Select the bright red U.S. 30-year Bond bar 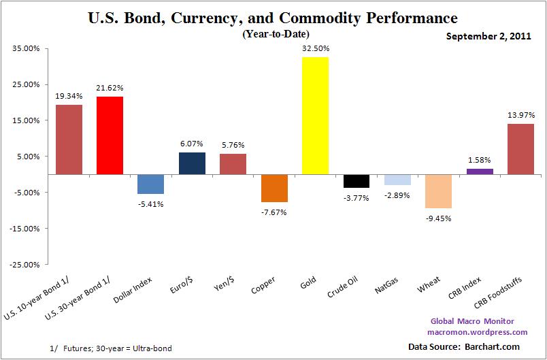click(x=110, y=135)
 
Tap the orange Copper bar click(x=274, y=188)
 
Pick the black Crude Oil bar click(x=356, y=181)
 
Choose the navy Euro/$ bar click(x=192, y=163)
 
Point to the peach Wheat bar click(x=438, y=191)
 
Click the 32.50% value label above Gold click(x=315, y=49)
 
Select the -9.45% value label click(x=439, y=218)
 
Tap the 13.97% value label click(x=520, y=115)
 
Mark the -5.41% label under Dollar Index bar click(x=151, y=203)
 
